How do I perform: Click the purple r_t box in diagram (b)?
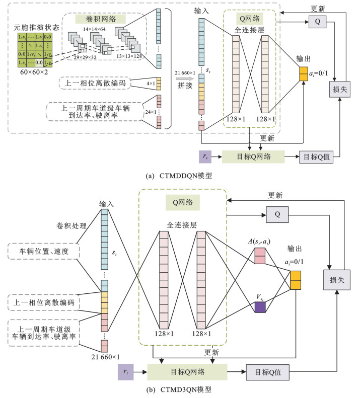tap(125, 372)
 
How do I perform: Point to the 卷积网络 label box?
tap(95, 19)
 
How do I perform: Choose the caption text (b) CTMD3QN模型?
tap(180, 390)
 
